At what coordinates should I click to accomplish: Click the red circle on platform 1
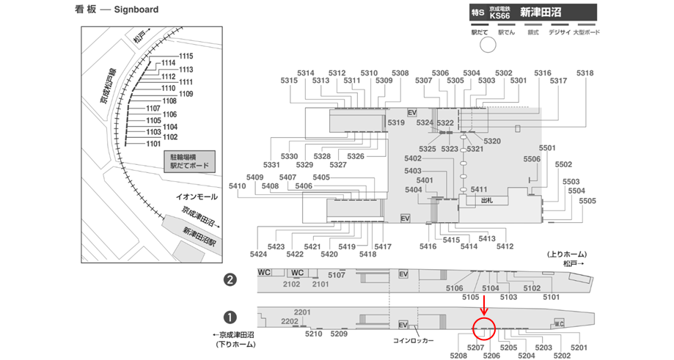click(x=484, y=328)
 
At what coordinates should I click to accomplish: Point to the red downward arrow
click(x=484, y=305)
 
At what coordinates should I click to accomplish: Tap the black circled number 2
click(x=230, y=279)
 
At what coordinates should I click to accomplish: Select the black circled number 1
click(x=230, y=317)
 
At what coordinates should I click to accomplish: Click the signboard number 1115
click(x=186, y=56)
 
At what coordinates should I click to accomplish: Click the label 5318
click(x=585, y=73)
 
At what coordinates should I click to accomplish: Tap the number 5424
click(x=258, y=254)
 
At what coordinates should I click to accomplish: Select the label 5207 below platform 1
click(x=475, y=347)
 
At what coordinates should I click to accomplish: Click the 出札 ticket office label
click(x=486, y=199)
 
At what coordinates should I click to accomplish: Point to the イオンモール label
click(x=197, y=196)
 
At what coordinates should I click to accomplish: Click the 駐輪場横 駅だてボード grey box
click(x=190, y=161)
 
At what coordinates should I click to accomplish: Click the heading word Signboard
click(x=136, y=10)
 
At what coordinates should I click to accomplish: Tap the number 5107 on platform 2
click(x=337, y=275)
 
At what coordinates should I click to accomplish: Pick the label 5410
click(x=238, y=186)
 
